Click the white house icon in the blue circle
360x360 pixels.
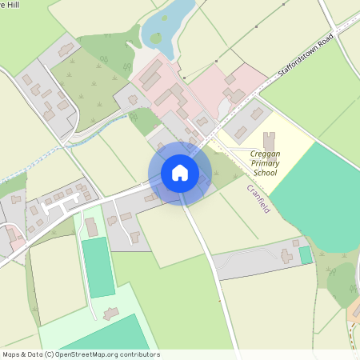[180, 173]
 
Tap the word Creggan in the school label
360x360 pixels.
[266, 154]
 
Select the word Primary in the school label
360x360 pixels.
[265, 163]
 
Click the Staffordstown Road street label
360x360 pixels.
[306, 58]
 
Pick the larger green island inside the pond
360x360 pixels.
[156, 38]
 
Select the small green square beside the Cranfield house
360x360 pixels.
[305, 255]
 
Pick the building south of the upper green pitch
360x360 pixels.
[110, 311]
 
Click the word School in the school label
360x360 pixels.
[266, 173]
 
